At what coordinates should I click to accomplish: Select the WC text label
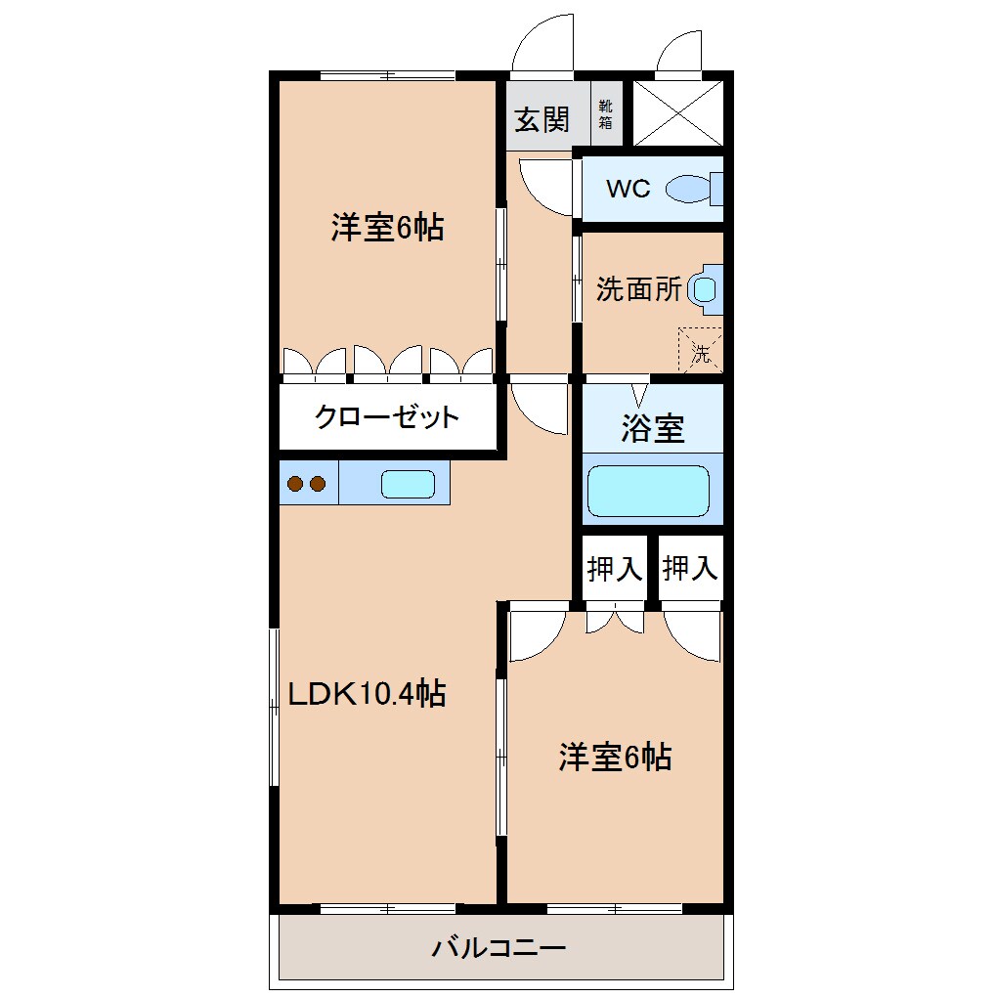[628, 189]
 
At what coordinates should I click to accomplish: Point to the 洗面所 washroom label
[638, 290]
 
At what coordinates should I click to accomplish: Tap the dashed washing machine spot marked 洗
[701, 349]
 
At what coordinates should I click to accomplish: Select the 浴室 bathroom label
[652, 429]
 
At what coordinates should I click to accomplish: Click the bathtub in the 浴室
[647, 491]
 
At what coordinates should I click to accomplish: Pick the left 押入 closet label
[615, 568]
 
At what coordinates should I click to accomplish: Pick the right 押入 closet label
[690, 568]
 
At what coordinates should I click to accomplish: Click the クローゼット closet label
[386, 417]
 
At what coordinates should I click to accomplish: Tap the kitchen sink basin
[408, 484]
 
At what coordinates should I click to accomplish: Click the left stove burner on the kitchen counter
[295, 483]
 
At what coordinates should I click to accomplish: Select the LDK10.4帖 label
[367, 693]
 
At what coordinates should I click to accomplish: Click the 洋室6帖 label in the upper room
[387, 228]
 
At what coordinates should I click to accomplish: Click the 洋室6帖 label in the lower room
[615, 757]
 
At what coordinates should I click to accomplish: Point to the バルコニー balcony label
[499, 947]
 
